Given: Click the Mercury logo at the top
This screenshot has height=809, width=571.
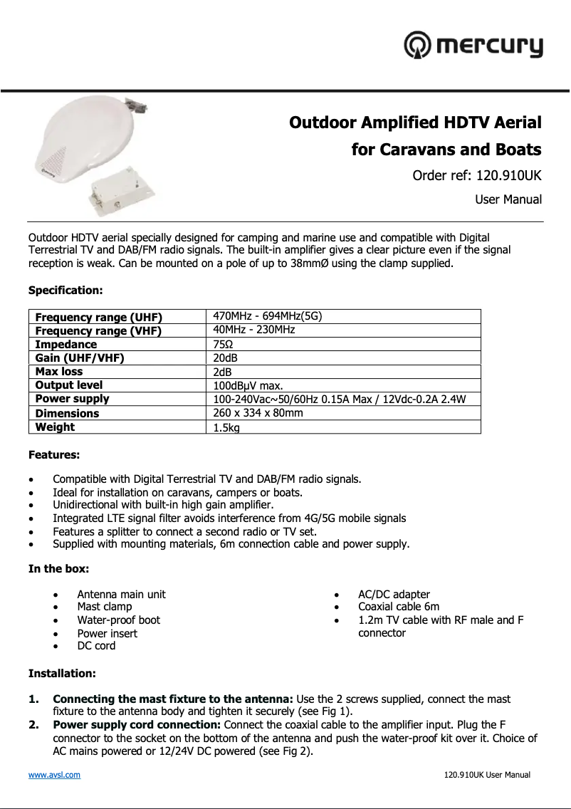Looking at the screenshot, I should coord(473,46).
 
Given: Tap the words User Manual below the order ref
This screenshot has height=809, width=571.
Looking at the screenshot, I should coord(508,200).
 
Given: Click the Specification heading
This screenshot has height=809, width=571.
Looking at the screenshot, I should coord(66,291).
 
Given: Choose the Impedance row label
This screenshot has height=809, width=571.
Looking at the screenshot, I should coord(66,344).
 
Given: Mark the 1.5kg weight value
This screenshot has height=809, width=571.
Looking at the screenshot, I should coord(226,427).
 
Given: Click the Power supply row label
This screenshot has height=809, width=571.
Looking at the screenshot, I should coord(73,399).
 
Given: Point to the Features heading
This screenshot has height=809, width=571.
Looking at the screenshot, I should coord(54,454).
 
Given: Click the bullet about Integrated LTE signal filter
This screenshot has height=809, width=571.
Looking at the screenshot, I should coord(229,518).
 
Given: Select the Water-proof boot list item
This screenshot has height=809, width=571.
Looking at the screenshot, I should coord(118,620).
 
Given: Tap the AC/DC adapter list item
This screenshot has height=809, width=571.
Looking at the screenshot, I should coord(394,595).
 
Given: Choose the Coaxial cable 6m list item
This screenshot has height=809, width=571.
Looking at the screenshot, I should coord(399,607).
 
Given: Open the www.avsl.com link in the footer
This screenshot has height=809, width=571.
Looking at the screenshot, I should coord(54,775).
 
